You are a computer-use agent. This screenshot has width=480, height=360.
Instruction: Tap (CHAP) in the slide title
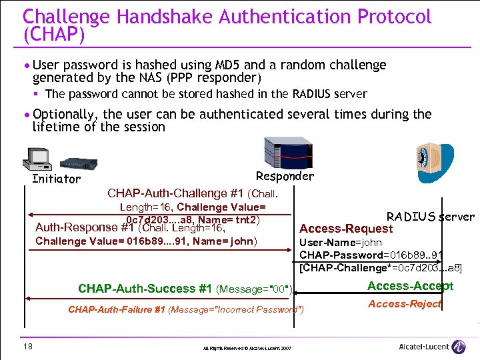[54, 33]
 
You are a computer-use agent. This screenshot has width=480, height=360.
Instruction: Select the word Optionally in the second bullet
[65, 114]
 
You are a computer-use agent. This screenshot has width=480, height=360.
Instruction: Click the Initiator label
[56, 179]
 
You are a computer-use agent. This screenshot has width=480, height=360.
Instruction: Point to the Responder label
[284, 176]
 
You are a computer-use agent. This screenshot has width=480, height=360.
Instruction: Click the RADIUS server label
[430, 216]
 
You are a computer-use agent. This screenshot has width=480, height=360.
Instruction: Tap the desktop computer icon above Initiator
[37, 158]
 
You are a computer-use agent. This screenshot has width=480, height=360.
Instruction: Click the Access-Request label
[346, 229]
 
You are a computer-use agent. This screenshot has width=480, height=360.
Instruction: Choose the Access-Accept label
[410, 286]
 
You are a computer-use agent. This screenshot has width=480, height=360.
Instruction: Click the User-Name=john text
[341, 243]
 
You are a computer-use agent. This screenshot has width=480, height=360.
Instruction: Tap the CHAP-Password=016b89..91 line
[371, 255]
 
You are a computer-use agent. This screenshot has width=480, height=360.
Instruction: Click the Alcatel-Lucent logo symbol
[458, 346]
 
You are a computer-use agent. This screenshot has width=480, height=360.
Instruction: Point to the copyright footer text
[247, 348]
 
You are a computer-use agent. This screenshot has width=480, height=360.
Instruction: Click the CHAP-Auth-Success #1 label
[145, 289]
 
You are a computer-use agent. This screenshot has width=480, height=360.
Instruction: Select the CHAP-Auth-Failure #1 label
[117, 309]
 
